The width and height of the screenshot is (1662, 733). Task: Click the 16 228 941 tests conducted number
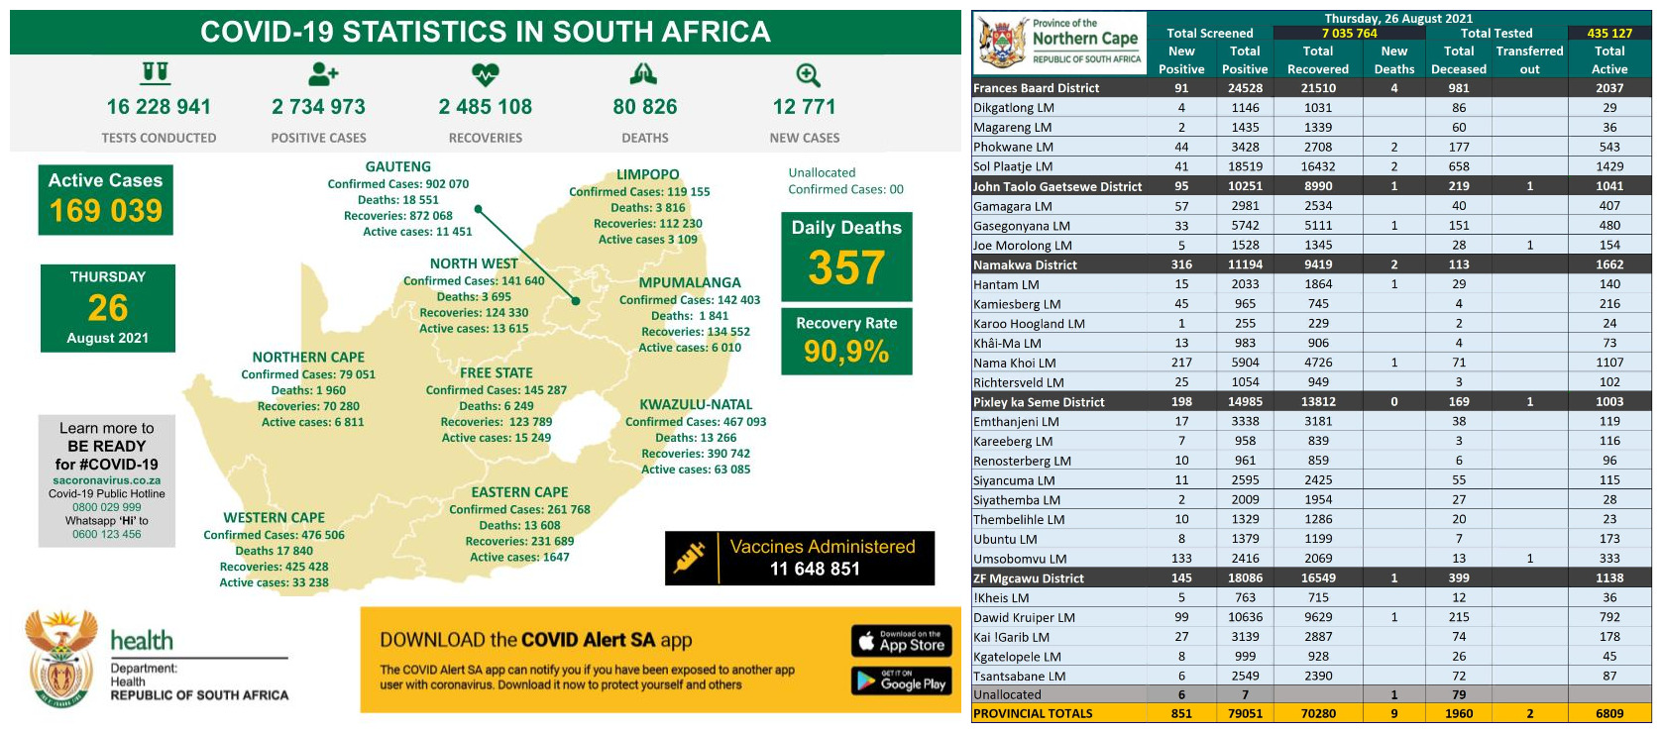159,107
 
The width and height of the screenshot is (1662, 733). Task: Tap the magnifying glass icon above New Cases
808,75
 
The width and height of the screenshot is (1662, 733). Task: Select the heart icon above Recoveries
485,74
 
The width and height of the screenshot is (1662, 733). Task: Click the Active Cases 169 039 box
106,199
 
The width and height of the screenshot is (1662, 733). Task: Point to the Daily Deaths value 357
846,267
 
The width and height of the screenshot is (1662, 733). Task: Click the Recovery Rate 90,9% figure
846,351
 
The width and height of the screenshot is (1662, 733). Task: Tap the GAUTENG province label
397,167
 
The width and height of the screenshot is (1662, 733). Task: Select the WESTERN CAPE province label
274,518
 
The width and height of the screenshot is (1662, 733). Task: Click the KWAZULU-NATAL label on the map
696,404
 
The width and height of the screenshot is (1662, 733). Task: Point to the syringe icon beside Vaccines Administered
690,558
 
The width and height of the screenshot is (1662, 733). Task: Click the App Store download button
901,641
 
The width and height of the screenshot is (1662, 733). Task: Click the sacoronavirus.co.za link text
107,480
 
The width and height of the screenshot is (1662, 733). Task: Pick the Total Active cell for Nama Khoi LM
1608,363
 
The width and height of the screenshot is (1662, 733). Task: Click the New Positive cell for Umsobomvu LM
1181,559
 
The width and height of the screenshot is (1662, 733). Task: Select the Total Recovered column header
1317,59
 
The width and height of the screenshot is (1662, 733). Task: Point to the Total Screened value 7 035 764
1349,33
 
